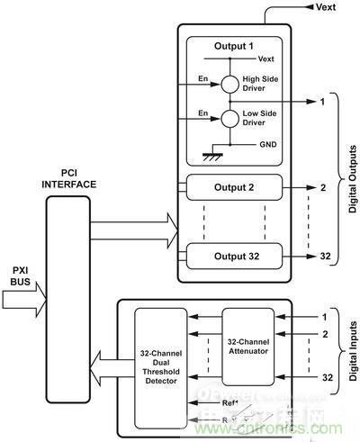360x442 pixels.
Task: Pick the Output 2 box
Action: pos(233,190)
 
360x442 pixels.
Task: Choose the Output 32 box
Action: pos(233,257)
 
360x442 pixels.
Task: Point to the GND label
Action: pos(265,144)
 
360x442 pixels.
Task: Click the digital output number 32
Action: pos(325,257)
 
